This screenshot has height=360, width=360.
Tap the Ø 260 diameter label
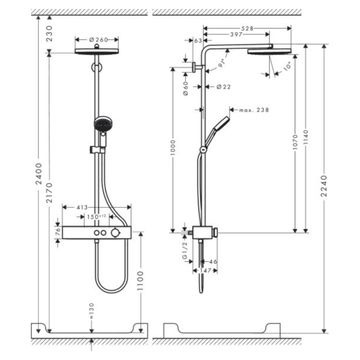pyautogui.click(x=96, y=40)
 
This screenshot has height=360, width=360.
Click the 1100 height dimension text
pyautogui.click(x=141, y=282)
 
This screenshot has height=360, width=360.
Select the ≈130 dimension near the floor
pyautogui.click(x=91, y=310)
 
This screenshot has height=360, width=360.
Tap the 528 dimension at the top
pyautogui.click(x=247, y=28)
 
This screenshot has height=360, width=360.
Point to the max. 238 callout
pyautogui.click(x=254, y=109)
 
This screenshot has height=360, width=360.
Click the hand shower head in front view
pyautogui.click(x=102, y=123)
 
